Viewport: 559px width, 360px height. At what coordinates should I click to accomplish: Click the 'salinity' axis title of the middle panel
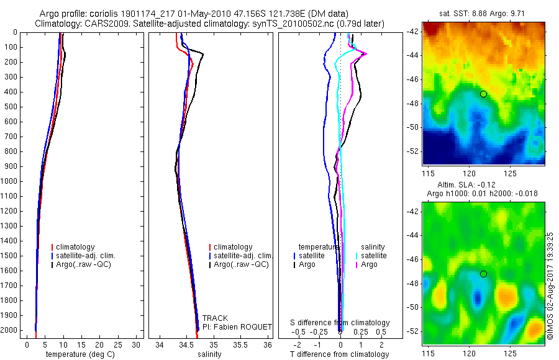pyautogui.click(x=209, y=354)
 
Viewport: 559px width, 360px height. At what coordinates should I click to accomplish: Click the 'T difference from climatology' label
pyautogui.click(x=340, y=354)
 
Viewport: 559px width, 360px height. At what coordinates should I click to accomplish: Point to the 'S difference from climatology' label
pyautogui.click(x=340, y=323)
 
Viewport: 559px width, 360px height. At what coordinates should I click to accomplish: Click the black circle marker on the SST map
pyautogui.click(x=483, y=94)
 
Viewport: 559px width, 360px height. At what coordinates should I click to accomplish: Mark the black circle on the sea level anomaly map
pyautogui.click(x=483, y=274)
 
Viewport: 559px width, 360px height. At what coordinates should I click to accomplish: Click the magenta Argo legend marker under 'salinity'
pyautogui.click(x=356, y=264)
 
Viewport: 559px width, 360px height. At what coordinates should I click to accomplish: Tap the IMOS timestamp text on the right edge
pyautogui.click(x=550, y=284)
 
